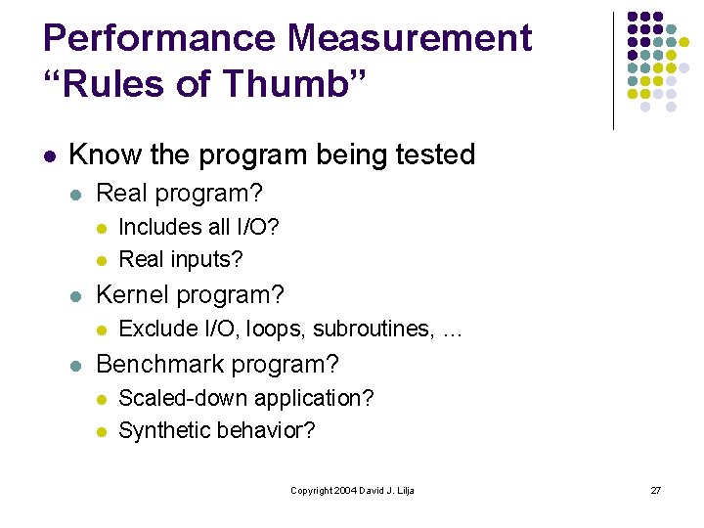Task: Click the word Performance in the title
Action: pos(161,38)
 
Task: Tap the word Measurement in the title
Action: pos(412,38)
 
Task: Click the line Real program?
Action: pos(180,194)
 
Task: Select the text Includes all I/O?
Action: pos(198,227)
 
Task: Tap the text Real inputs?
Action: pos(180,259)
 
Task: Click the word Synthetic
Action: pos(158,430)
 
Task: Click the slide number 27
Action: pos(656,490)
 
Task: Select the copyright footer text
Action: pos(352,490)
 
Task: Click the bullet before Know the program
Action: pos(49,155)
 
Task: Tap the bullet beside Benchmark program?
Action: pos(77,366)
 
